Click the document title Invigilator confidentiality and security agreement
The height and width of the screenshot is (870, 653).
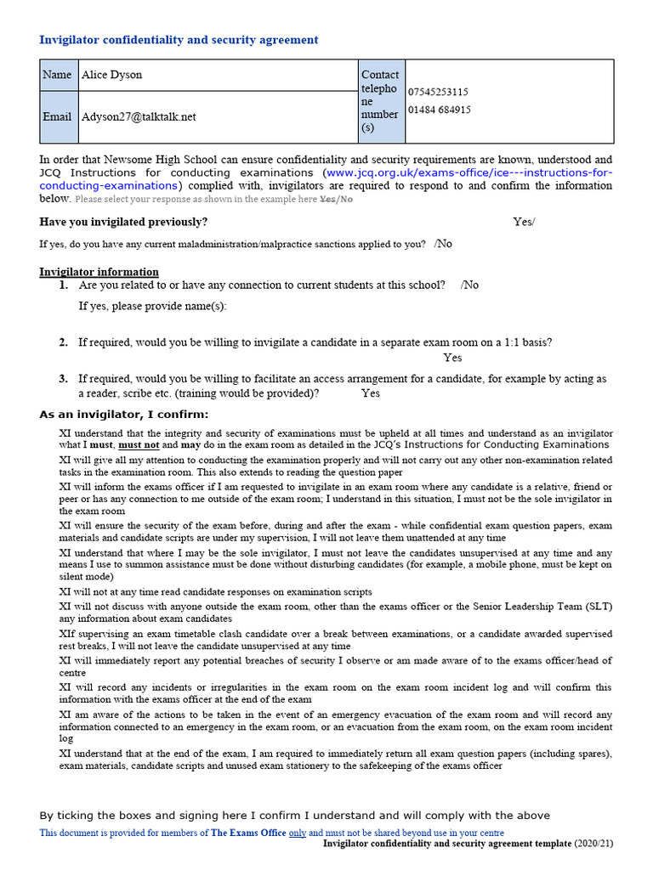click(179, 40)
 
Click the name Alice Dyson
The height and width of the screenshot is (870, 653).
click(111, 75)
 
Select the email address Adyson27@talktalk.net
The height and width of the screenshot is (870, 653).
click(138, 116)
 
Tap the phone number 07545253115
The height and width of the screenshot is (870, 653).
click(438, 92)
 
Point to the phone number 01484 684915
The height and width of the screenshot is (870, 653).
click(440, 110)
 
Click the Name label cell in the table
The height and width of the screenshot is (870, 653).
click(57, 75)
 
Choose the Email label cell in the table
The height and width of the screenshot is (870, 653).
click(57, 116)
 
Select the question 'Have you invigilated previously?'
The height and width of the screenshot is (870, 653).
click(123, 222)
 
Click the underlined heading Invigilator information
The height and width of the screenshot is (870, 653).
click(99, 272)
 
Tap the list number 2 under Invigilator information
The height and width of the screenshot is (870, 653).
click(63, 342)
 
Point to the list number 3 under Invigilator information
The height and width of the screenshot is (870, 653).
click(63, 379)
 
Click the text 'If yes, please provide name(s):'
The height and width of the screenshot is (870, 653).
click(152, 306)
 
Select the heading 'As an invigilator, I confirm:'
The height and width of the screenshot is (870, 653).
click(123, 415)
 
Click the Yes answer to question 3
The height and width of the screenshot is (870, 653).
click(371, 393)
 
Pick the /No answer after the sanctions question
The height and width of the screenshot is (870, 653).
click(443, 244)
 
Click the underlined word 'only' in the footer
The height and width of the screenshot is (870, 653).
click(298, 833)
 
